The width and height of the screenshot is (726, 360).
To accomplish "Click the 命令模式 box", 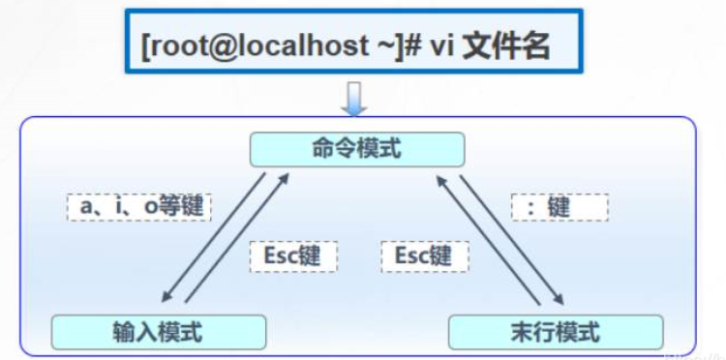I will [x=357, y=149].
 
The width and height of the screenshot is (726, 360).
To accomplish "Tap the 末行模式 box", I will [x=556, y=332].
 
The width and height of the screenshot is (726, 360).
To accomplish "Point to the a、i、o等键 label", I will [x=139, y=206].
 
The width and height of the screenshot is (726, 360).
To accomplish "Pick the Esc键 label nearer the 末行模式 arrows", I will [x=424, y=255].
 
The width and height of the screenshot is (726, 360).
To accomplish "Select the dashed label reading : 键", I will [x=560, y=207].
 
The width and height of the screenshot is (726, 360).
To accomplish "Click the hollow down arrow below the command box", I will [x=355, y=98].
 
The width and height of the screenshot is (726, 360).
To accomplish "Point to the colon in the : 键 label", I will [x=531, y=207].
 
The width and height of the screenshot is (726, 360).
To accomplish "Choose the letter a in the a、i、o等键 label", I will [x=91, y=207].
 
